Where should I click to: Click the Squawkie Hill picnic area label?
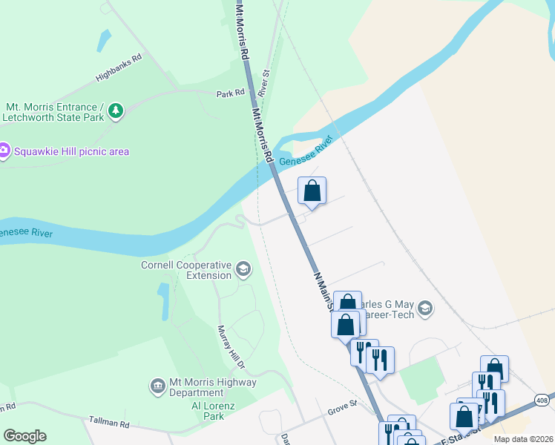70,151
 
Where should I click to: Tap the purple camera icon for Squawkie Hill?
4,151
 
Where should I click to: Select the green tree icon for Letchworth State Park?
115,111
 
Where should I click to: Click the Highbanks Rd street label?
118,67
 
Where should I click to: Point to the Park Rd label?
230,93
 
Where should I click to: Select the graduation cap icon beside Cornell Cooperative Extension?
243,269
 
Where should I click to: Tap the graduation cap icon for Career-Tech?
425,308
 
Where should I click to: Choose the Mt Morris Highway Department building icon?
157,386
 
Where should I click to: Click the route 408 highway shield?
544,399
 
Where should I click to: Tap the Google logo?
24,436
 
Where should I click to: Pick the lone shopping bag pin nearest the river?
312,191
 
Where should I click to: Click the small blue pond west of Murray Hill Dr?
164,300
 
